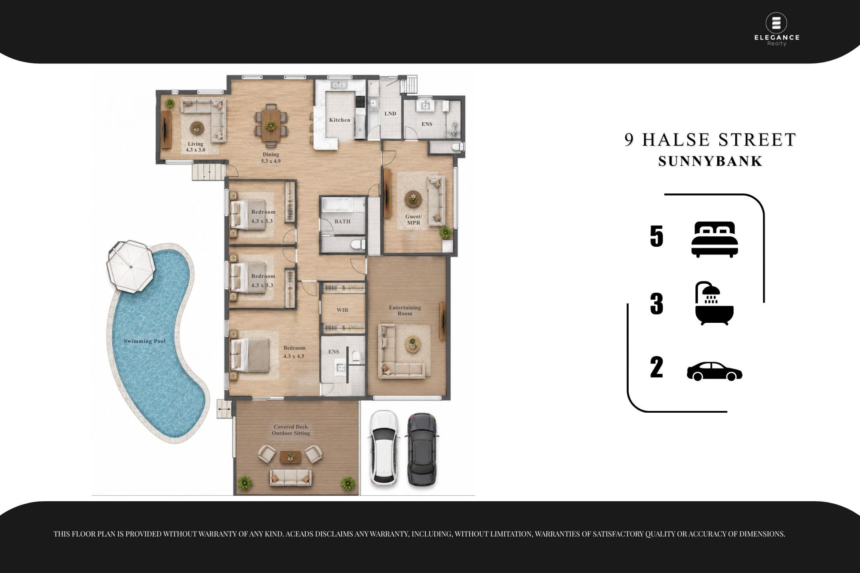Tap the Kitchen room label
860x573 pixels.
(x=340, y=120)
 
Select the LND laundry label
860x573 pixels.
(x=390, y=113)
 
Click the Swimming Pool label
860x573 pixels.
(x=144, y=341)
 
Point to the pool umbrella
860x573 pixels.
(x=131, y=267)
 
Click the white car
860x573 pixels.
(x=384, y=448)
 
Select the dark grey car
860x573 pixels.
(x=422, y=450)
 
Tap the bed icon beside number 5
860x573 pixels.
(x=715, y=239)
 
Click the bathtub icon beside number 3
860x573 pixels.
(x=714, y=303)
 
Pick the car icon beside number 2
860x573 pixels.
(x=715, y=371)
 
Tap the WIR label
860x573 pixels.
(x=342, y=310)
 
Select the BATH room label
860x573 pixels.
(x=342, y=221)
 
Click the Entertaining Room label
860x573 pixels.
(x=405, y=310)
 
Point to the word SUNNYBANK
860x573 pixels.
(x=710, y=161)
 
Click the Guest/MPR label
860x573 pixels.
(x=414, y=220)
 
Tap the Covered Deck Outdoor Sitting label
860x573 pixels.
(x=291, y=430)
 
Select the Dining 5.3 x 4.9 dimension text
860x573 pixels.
(x=271, y=158)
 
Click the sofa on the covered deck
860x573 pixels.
(x=291, y=477)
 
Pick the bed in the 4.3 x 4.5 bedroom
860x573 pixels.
(x=250, y=355)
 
